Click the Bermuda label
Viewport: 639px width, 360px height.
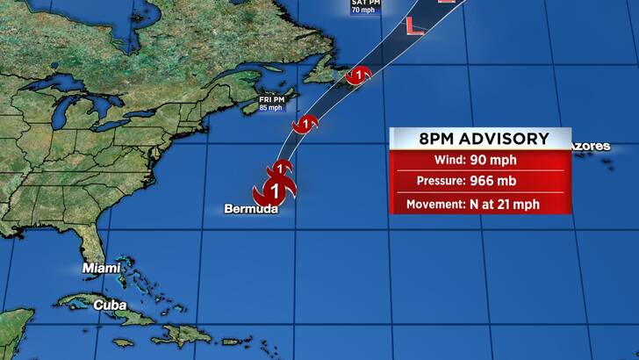(251, 209)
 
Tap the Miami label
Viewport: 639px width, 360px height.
(101, 267)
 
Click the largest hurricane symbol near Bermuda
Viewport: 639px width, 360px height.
(275, 189)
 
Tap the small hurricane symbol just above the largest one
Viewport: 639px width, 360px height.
(281, 167)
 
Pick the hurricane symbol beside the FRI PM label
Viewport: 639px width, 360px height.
(305, 124)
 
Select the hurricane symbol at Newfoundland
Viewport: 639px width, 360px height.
(359, 76)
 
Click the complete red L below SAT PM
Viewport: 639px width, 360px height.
(415, 26)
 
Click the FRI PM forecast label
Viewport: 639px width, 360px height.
(272, 100)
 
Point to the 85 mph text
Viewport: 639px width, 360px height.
(272, 109)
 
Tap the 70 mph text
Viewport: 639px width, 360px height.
(363, 11)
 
